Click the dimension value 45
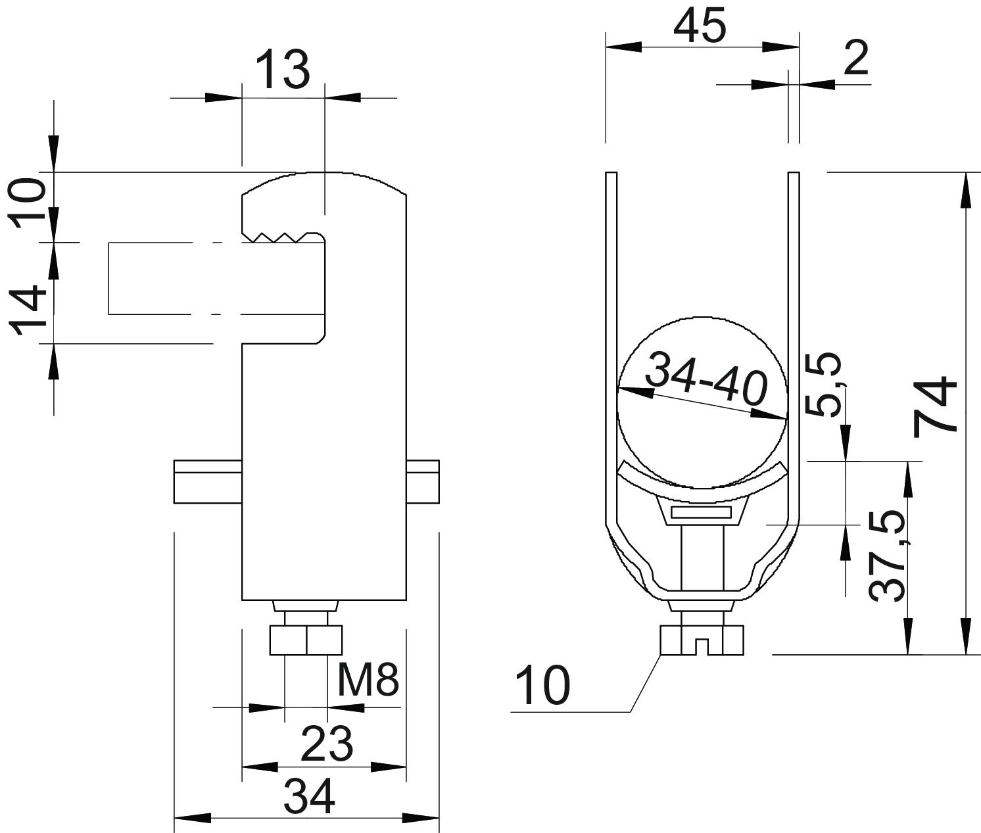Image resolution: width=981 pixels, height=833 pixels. pos(700,25)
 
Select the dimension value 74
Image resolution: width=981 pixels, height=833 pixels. pos(934,405)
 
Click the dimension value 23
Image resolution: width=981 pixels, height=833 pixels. pos(327,744)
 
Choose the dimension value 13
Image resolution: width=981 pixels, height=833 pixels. pos(283,70)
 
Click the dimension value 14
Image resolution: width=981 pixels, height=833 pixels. pos(28,310)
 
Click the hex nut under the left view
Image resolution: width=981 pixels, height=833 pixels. pos(306,640)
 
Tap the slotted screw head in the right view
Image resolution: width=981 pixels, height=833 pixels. pos(702,640)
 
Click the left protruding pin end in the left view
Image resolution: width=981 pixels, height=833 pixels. pos(208,482)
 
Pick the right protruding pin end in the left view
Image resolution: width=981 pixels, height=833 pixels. pos(423,482)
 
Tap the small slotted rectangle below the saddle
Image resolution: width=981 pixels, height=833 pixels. pos(702,512)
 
